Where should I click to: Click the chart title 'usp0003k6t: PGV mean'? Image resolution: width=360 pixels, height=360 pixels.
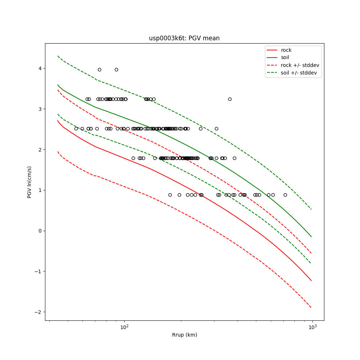click(x=184, y=39)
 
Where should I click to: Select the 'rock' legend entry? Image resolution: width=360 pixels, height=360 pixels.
click(x=286, y=50)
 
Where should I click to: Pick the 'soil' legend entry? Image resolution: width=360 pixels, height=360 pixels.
click(x=285, y=58)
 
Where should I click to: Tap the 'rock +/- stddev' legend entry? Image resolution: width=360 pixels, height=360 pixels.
click(x=300, y=65)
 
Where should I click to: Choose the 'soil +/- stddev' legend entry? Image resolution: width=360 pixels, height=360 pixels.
click(x=299, y=73)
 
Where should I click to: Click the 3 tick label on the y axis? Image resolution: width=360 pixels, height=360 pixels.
click(x=40, y=109)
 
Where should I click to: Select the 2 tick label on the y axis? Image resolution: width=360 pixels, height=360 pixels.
click(x=40, y=150)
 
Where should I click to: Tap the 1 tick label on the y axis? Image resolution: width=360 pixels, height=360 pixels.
click(x=40, y=190)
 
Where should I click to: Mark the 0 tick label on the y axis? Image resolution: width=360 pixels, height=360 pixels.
click(x=40, y=231)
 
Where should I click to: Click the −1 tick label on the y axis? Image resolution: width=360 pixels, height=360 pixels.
click(x=39, y=271)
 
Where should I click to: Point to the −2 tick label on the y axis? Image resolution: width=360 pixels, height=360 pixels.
click(x=39, y=312)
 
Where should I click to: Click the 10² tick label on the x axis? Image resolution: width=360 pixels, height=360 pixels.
click(x=124, y=327)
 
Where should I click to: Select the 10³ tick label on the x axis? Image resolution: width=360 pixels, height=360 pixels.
click(x=312, y=327)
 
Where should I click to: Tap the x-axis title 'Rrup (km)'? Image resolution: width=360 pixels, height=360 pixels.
click(x=184, y=335)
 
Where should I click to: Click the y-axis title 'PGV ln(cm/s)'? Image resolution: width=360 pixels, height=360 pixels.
click(x=30, y=182)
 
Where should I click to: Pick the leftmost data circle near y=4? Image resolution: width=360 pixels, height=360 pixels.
click(x=99, y=69)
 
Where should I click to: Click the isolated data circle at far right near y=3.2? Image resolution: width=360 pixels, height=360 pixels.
click(x=230, y=99)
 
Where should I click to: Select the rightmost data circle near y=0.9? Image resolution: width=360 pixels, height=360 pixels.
click(x=285, y=195)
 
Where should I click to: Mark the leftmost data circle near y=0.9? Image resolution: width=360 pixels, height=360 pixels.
click(x=170, y=195)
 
